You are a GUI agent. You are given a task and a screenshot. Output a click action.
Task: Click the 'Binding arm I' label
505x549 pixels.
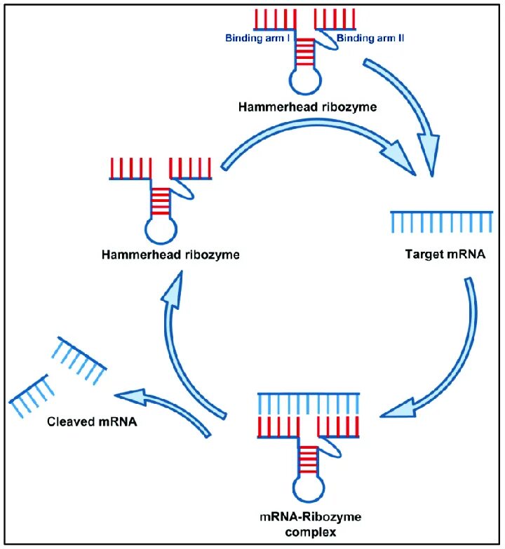point(257,38)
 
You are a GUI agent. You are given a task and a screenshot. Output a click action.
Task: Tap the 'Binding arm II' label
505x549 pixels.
point(370,38)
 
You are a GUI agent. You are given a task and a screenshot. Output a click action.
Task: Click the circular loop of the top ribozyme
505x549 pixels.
point(304,82)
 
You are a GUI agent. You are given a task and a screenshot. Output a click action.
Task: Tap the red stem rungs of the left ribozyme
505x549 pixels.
point(161,199)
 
